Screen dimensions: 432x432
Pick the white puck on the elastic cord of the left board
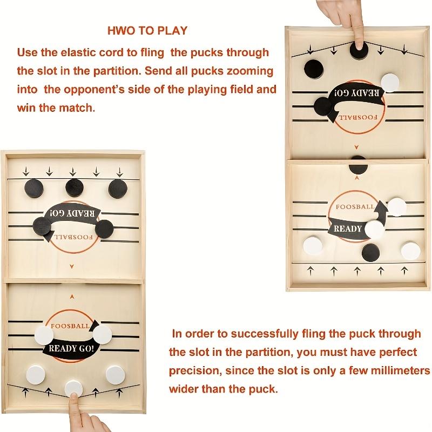[74, 387]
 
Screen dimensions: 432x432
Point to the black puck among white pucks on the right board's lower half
[372, 252]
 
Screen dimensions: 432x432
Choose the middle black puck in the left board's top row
[75, 187]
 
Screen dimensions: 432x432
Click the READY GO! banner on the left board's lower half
[72, 348]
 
